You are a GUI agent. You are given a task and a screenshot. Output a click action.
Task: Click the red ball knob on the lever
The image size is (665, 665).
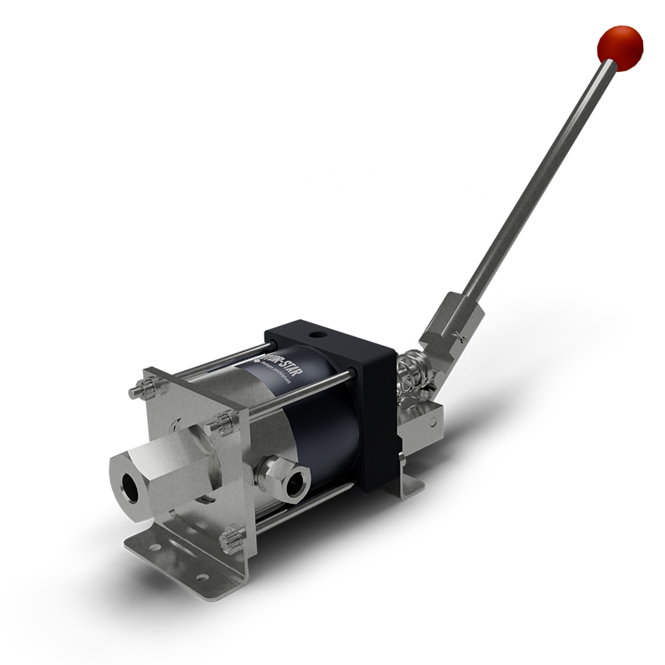point(619,46)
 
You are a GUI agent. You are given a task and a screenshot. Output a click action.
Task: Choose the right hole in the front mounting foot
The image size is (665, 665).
point(202,577)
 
